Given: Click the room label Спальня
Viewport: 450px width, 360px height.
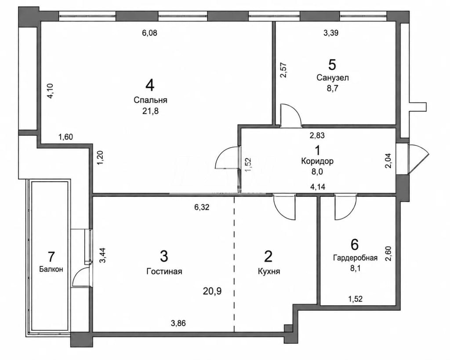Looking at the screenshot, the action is [x=150, y=100].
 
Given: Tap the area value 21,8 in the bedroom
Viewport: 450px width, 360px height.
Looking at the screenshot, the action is [x=150, y=111].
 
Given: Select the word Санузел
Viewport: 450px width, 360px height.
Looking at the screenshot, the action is [x=333, y=77].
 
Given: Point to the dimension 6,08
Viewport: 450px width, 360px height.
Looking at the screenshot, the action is [x=149, y=33].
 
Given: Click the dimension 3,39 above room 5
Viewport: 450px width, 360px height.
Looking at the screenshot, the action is [x=331, y=33].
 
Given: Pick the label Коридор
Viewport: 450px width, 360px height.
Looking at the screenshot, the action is [x=317, y=161].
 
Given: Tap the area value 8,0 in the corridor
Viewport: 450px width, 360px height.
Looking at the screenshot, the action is [x=317, y=172].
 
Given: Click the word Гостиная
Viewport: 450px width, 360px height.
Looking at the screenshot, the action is [x=164, y=271].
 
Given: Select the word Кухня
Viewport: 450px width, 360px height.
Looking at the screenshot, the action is [x=269, y=271].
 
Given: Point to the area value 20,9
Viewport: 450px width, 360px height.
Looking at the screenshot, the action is [x=212, y=291].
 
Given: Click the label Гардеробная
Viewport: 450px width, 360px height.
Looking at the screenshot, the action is [x=355, y=258].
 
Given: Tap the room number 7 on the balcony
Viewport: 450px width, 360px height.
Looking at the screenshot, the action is [x=51, y=256].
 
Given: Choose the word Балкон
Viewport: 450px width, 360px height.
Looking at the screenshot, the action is [x=51, y=269].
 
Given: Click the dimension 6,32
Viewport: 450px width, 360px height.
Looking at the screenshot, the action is [x=202, y=207].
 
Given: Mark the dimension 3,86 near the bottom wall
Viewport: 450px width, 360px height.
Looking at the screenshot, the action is [x=178, y=323].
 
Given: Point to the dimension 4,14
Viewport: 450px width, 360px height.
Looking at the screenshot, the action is [x=318, y=187].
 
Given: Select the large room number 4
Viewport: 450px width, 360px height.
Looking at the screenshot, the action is [x=150, y=85].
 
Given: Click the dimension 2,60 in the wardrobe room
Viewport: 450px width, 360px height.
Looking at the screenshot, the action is [x=388, y=254].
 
